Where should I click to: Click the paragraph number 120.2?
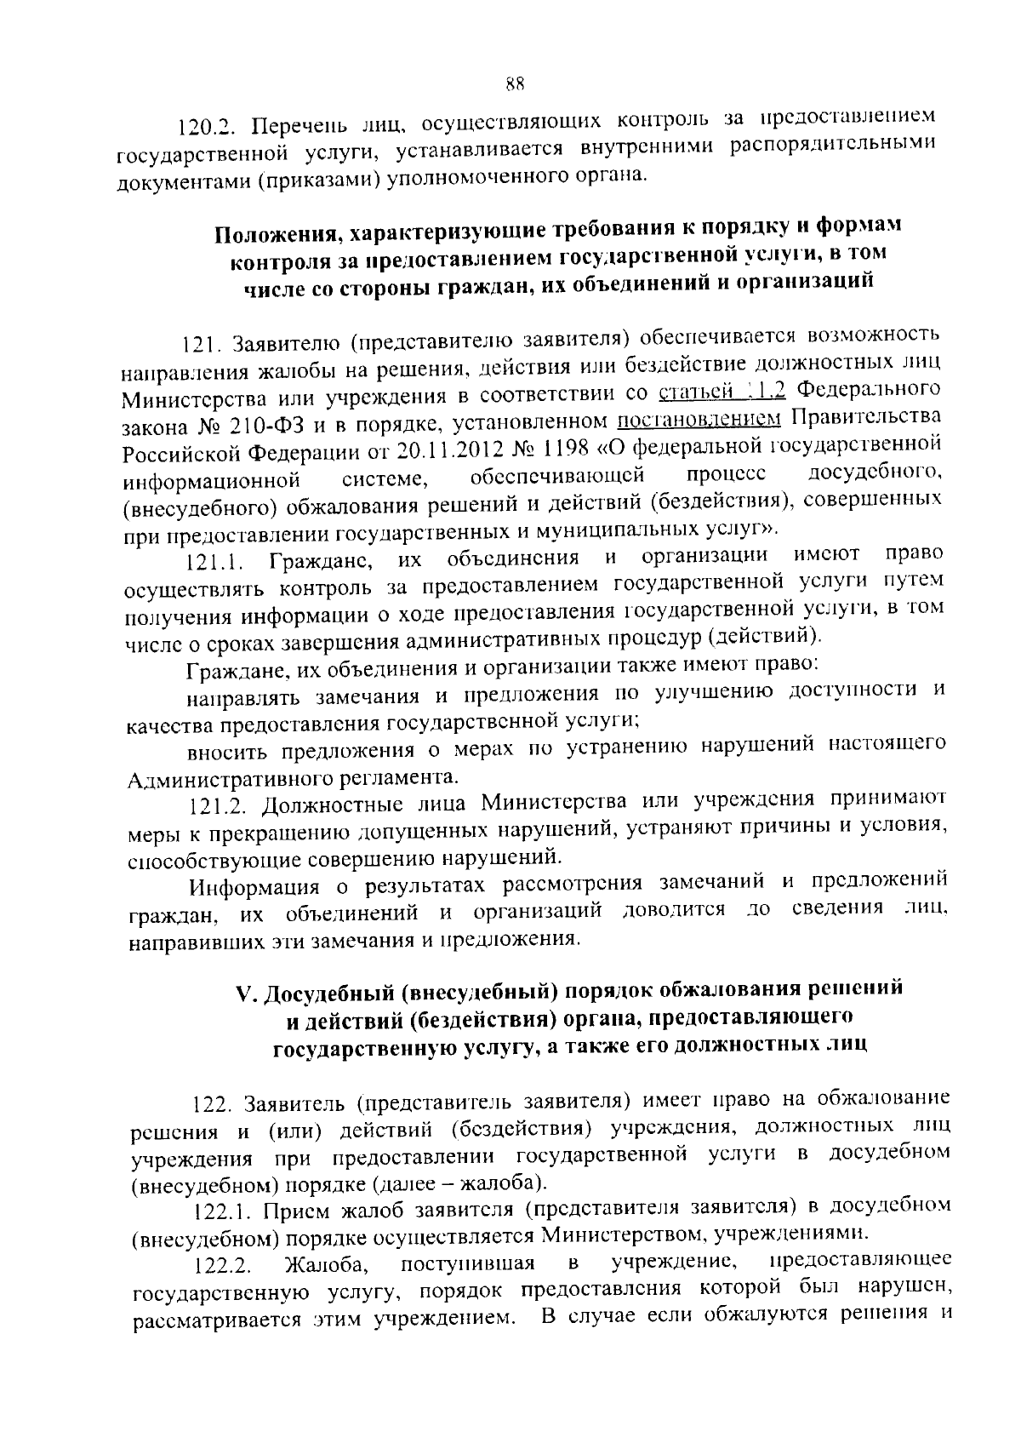pos(203,128)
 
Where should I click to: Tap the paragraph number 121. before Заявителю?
pos(202,345)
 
